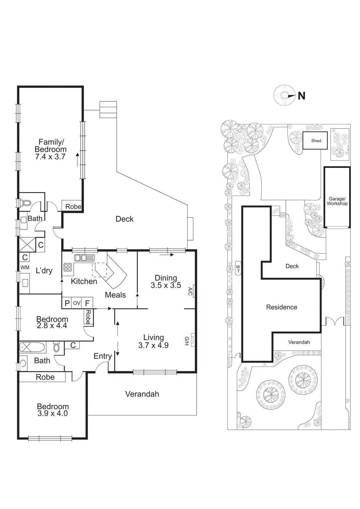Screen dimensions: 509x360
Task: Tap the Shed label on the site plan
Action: tap(316, 141)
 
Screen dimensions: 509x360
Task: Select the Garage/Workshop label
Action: tap(337, 201)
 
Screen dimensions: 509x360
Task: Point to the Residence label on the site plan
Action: tap(281, 307)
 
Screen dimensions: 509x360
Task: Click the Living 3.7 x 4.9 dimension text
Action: tap(153, 345)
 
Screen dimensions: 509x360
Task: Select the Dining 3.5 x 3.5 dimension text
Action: tap(166, 285)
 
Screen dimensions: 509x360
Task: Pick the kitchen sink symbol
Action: tap(84, 258)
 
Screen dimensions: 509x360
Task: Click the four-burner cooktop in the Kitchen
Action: tap(67, 267)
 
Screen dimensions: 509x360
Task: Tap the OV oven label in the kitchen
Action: tap(77, 303)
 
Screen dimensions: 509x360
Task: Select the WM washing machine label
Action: tap(25, 268)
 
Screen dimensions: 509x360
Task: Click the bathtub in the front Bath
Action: tap(32, 347)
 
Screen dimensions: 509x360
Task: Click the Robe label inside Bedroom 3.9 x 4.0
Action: tap(45, 377)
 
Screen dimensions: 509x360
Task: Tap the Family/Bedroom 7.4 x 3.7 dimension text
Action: tap(50, 157)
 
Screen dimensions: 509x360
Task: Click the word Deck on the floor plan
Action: tap(125, 219)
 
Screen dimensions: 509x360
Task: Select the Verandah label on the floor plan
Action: tap(142, 394)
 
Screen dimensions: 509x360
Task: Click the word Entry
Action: tap(102, 356)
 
